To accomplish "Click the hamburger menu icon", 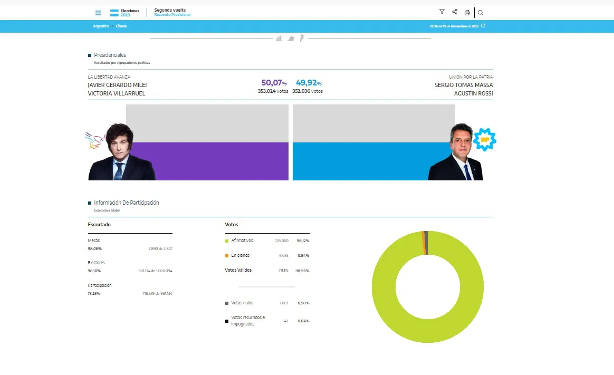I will pos(98,13).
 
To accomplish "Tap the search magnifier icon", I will pos(481,13).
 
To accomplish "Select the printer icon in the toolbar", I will pos(467,13).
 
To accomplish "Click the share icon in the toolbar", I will pos(455,12).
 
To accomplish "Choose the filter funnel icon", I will pos(442,12).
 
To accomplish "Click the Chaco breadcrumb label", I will pos(121,26).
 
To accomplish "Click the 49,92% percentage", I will pos(309,83).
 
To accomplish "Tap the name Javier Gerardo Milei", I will pos(117,85).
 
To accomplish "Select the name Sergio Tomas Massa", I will pos(464,85).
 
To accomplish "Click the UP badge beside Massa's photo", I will pos(484,139).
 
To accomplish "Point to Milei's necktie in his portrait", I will pos(120,170).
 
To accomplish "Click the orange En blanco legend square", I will pos(227,256).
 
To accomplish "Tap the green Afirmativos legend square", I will pos(227,241).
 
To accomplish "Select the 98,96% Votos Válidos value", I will pos(303,271).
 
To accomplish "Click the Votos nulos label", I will pos(242,303).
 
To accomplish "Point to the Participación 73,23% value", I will pos(94,293).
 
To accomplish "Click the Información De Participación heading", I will pos(127,203).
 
